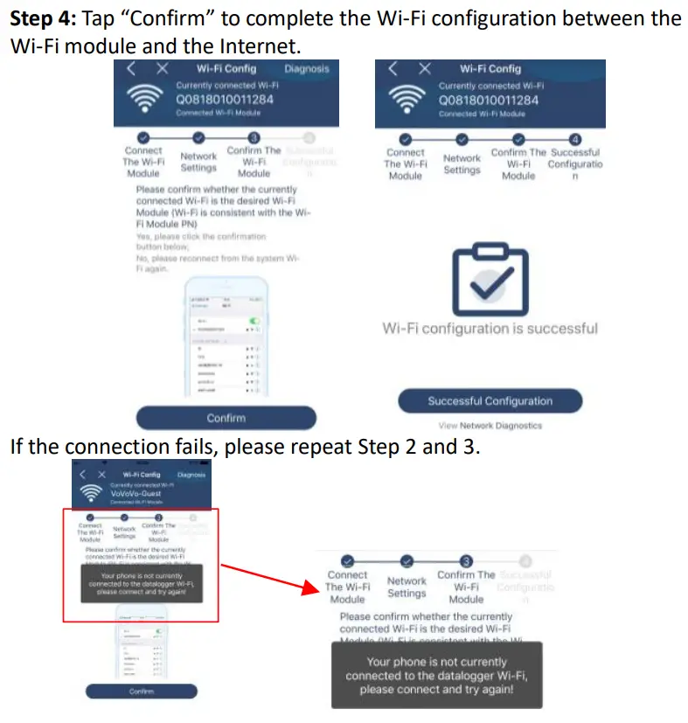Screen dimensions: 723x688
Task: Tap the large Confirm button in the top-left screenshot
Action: tap(226, 418)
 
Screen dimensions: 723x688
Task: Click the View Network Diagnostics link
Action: tap(490, 426)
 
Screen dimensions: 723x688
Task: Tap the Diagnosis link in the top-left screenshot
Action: tap(307, 68)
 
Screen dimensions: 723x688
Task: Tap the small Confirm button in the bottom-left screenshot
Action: tap(142, 691)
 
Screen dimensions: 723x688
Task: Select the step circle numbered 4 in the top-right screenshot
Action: tap(574, 139)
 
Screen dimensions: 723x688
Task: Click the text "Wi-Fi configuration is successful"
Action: tap(490, 329)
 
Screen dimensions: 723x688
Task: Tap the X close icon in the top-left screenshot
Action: tap(162, 69)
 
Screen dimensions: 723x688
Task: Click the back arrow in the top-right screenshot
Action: tap(393, 68)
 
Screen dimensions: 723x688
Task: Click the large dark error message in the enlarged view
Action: tap(436, 675)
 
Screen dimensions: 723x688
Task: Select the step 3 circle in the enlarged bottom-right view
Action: tap(466, 561)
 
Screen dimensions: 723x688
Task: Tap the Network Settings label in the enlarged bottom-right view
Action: tap(407, 587)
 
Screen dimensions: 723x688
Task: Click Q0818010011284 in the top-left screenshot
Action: tap(225, 99)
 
